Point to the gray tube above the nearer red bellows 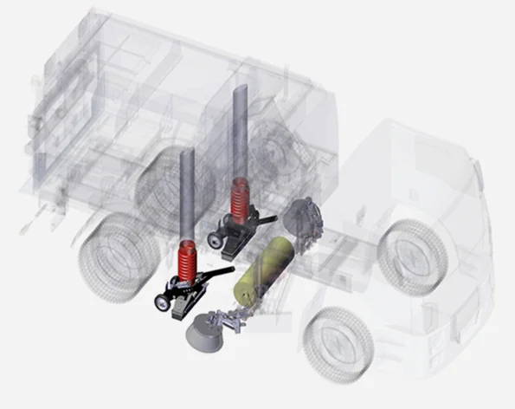185,195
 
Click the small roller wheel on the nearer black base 161,302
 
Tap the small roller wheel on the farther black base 214,236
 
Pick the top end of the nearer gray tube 185,153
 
